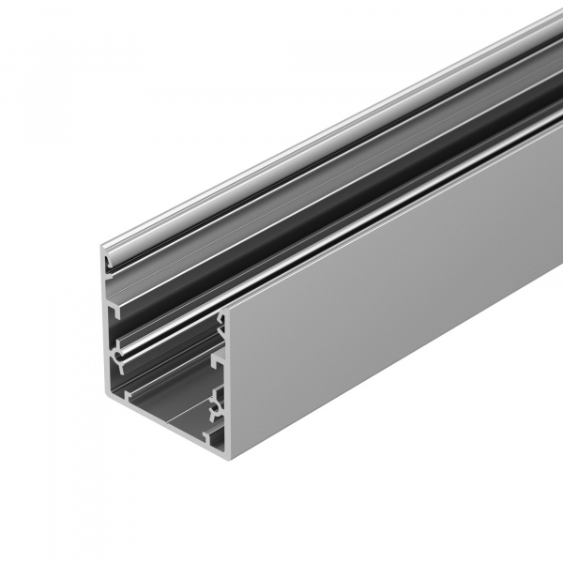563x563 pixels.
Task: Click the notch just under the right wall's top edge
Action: (221, 323)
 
